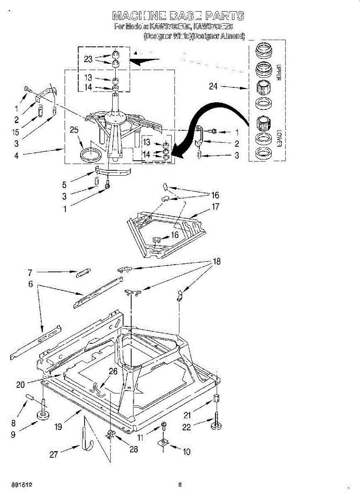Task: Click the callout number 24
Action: [213, 87]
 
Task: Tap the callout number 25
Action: [74, 130]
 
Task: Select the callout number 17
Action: [215, 207]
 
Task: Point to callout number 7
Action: [30, 273]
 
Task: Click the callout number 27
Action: [54, 454]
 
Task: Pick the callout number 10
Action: [186, 452]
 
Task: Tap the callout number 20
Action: [20, 384]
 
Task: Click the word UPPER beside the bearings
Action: [278, 73]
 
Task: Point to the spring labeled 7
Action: [83, 273]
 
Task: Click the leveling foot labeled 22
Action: [216, 426]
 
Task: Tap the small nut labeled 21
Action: [216, 399]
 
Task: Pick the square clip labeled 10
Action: [164, 443]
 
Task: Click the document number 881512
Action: [22, 485]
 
